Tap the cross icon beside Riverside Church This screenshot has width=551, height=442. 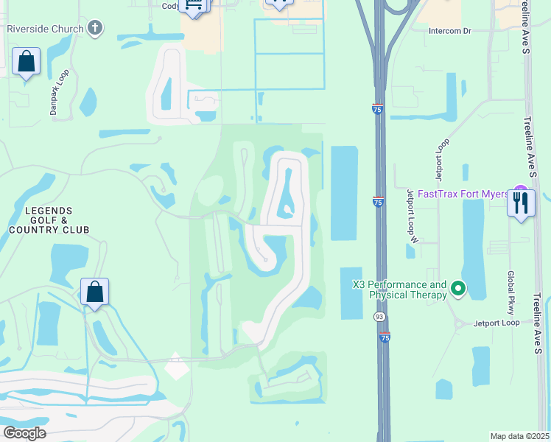[94, 29]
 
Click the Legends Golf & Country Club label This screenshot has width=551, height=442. [49, 220]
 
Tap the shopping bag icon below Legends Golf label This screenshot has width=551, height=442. [95, 292]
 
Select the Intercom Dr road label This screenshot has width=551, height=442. [451, 31]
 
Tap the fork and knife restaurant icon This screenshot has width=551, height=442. [522, 203]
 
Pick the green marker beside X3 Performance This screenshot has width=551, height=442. [458, 288]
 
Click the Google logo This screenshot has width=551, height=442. [24, 433]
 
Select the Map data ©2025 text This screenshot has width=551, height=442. [519, 436]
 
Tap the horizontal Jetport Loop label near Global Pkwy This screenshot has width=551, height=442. [496, 323]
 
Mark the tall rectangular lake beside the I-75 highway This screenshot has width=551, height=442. [344, 193]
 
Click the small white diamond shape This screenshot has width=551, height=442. [176, 366]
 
